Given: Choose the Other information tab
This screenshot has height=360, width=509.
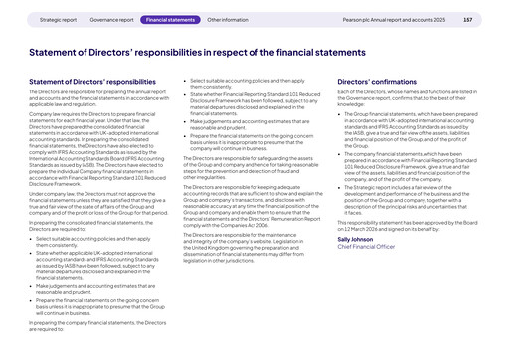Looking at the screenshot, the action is [x=228, y=19].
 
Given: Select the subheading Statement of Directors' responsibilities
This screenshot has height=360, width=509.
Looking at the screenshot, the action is [x=92, y=81].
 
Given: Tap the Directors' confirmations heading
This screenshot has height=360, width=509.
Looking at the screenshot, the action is [x=378, y=81].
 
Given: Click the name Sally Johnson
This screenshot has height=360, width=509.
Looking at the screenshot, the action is [x=355, y=239].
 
